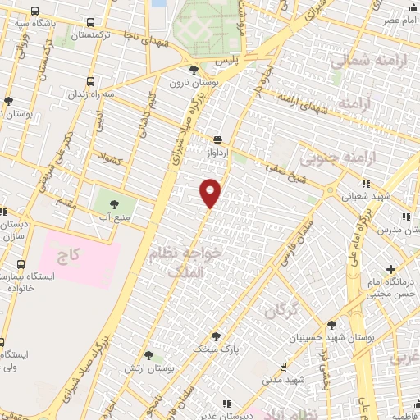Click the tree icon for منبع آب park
coord(111,203)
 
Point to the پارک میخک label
coord(213,349)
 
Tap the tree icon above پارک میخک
coord(216,336)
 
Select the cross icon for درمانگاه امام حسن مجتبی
coord(391,269)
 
